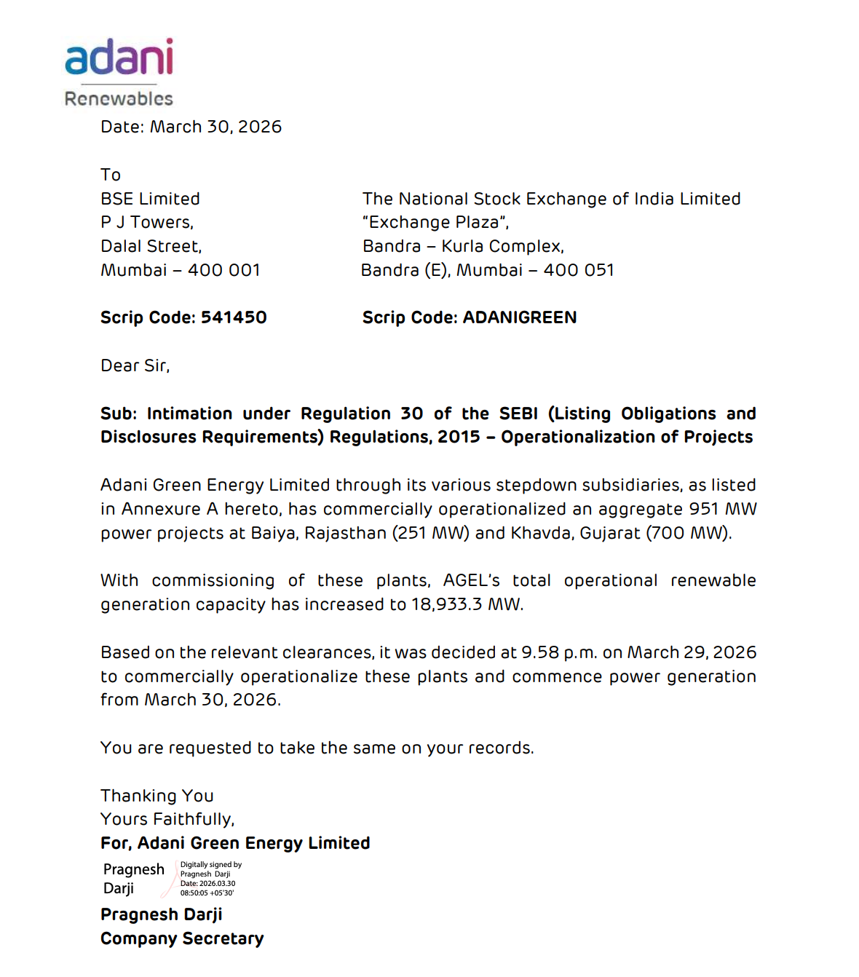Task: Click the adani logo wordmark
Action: [119, 58]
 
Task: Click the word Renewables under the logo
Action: [119, 99]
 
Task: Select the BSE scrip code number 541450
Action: [234, 317]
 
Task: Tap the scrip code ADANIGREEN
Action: [520, 317]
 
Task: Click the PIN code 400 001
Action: [224, 270]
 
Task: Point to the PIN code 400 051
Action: [579, 270]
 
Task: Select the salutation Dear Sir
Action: [135, 365]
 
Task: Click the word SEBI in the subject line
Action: [518, 414]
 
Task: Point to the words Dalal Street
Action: [151, 246]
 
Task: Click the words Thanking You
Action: [157, 796]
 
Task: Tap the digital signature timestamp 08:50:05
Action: [194, 893]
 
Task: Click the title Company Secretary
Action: [182, 938]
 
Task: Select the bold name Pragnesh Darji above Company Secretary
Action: [162, 914]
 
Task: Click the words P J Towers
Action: [146, 222]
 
